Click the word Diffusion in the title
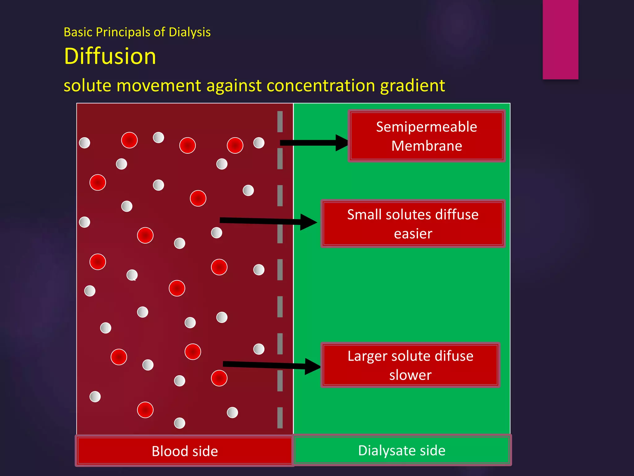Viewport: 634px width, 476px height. (x=110, y=56)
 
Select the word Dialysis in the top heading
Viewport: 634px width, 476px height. (x=189, y=32)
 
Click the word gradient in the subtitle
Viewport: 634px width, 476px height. (x=412, y=86)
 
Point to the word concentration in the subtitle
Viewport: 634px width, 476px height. (x=321, y=86)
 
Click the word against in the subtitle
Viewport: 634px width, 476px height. (x=234, y=86)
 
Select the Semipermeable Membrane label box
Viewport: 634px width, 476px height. (x=427, y=136)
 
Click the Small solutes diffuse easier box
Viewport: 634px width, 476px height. (x=413, y=223)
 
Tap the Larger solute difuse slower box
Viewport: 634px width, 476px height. (x=410, y=365)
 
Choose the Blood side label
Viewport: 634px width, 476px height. (x=185, y=451)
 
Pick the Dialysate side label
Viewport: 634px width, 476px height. (x=402, y=450)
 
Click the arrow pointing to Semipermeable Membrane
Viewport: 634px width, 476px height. (x=313, y=143)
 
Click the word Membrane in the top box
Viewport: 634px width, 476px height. (x=427, y=146)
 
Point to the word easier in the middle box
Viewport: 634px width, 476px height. (x=413, y=234)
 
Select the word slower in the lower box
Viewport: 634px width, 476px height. (x=410, y=375)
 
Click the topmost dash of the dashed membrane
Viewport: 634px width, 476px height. (x=280, y=121)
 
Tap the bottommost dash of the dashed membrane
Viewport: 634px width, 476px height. (x=280, y=417)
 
